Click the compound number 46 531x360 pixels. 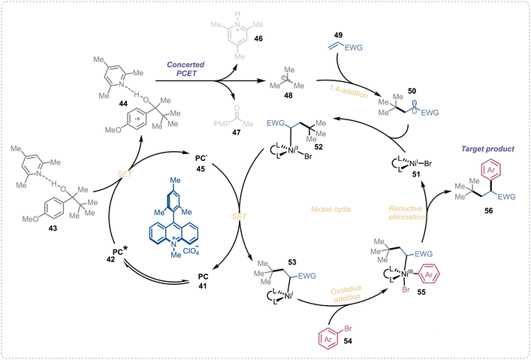click(258, 38)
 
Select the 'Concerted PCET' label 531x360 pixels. click(186, 69)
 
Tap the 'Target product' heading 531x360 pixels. click(487, 149)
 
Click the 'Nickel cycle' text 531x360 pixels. click(331, 209)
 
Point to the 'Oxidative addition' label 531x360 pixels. click(345, 293)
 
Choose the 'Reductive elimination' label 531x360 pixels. click(406, 213)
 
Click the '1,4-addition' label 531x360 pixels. click(348, 92)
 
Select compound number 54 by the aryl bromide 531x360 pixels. click(348, 341)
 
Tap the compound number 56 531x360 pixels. click(488, 211)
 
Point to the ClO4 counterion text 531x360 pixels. click(192, 251)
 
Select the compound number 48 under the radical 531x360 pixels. click(288, 95)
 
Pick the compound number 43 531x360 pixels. click(53, 228)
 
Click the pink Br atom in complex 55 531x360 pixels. click(406, 290)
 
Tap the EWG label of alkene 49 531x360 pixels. click(354, 47)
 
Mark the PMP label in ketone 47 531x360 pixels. click(222, 123)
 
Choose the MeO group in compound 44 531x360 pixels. click(115, 129)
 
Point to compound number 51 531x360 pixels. click(416, 174)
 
